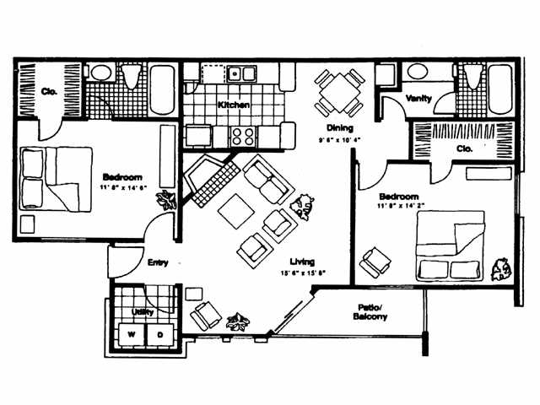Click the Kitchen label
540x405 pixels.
pos(233,105)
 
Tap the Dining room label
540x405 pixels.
pos(328,128)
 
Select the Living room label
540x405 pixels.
pos(302,262)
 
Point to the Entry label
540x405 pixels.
pos(158,262)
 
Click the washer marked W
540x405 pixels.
pos(131,333)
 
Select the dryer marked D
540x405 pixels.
pos(160,333)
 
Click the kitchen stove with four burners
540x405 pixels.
pos(243,136)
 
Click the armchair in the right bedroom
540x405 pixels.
pos(372,262)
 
